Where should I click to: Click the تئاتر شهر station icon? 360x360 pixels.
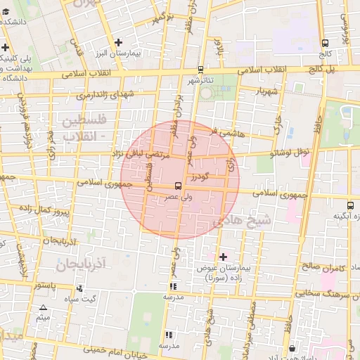[201, 70]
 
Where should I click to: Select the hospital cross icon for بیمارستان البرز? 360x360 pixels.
[119, 43]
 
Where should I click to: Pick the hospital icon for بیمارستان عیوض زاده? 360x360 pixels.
[224, 257]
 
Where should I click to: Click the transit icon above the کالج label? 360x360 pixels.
[324, 43]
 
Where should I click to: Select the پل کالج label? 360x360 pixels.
[325, 70]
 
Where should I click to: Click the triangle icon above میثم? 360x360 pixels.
[44, 307]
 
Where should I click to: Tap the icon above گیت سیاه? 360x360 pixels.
[79, 288]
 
